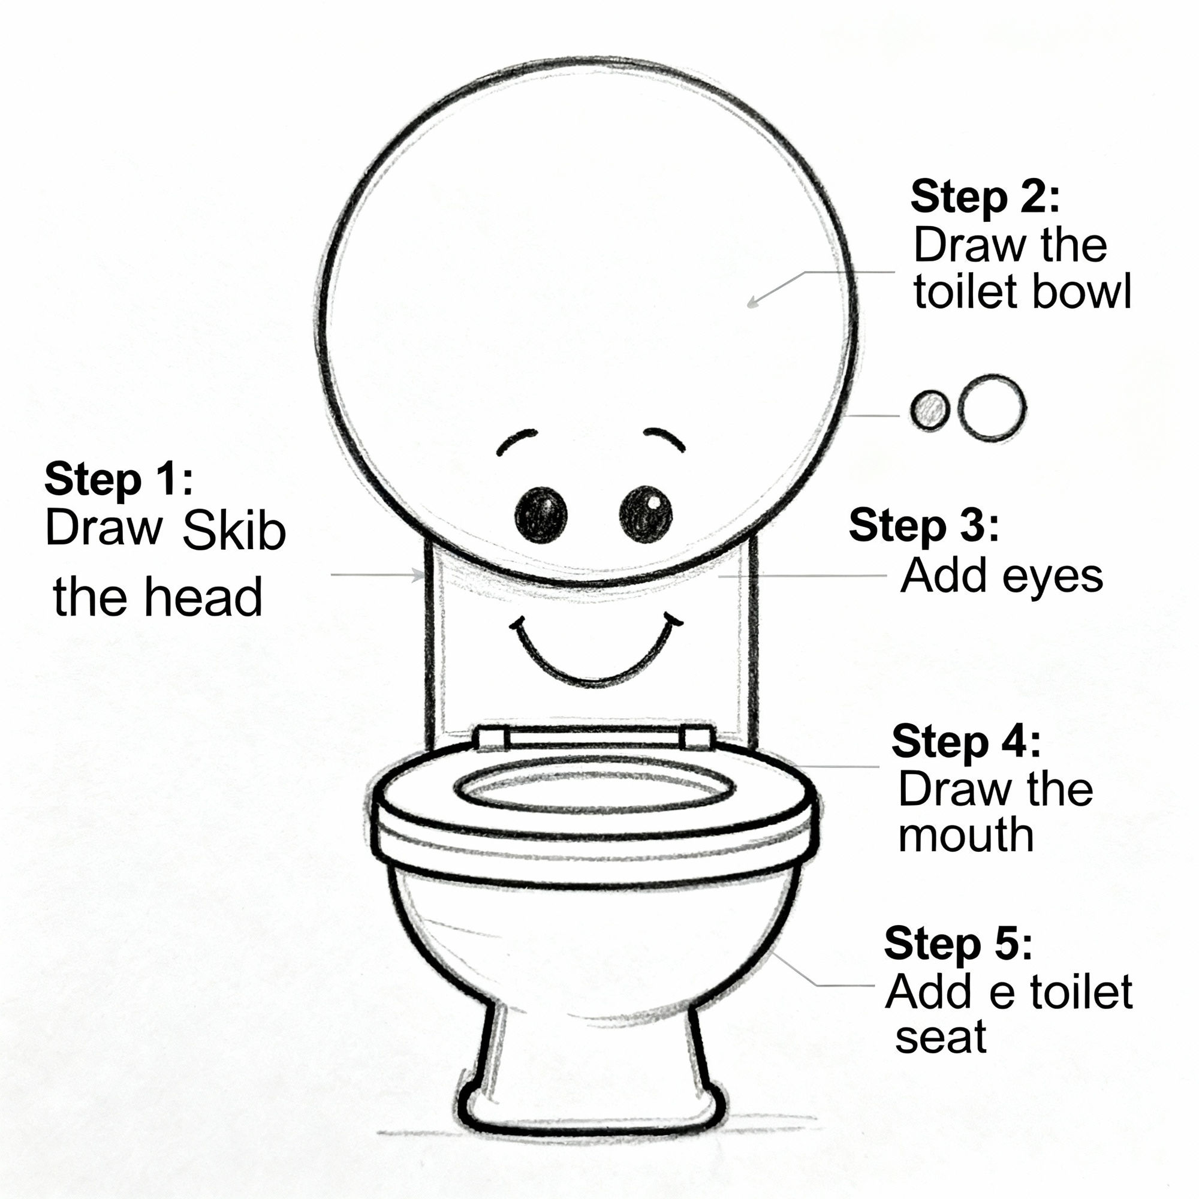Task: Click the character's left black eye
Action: tap(541, 514)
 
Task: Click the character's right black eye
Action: tap(646, 514)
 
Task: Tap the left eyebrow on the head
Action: tap(516, 441)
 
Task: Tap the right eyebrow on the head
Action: tap(664, 438)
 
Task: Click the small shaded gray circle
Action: tap(930, 409)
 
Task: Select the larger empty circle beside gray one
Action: tap(991, 408)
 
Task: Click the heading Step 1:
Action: tap(119, 480)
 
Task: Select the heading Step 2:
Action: tap(985, 197)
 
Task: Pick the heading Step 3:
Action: tap(923, 526)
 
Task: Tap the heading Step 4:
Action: tap(966, 741)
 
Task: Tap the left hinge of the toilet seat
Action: tap(491, 739)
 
